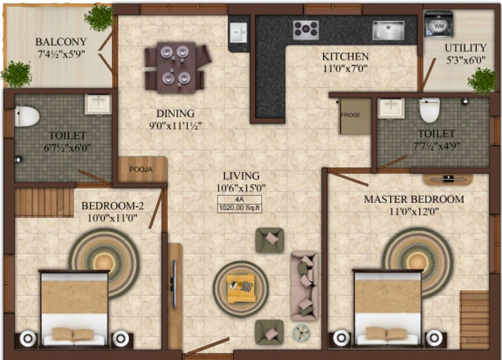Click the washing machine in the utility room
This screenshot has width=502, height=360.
click(438, 24)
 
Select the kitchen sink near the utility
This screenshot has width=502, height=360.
click(388, 31)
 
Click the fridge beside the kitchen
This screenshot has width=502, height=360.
click(355, 116)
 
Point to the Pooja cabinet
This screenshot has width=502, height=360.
click(142, 169)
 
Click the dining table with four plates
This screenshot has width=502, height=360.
click(176, 67)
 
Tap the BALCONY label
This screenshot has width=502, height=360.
click(61, 42)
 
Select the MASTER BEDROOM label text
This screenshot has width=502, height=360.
click(414, 199)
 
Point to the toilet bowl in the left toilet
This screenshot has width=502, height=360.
click(27, 116)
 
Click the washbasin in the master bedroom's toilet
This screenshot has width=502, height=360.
click(391, 108)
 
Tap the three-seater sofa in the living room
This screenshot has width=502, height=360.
click(304, 286)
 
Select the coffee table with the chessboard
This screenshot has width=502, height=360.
click(241, 288)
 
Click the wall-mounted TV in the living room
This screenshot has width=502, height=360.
click(174, 284)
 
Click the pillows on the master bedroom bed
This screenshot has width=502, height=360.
click(388, 333)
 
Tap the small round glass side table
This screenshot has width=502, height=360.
click(302, 333)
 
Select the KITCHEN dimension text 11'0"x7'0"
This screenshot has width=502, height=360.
click(345, 68)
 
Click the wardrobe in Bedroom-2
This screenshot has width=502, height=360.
click(44, 203)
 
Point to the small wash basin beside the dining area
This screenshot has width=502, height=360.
click(238, 32)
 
